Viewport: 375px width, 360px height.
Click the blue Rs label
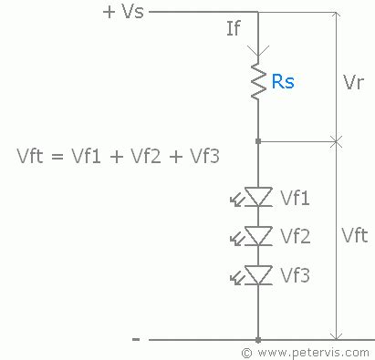click(x=283, y=82)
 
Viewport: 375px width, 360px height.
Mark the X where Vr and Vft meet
click(x=336, y=141)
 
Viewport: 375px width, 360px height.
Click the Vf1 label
click(x=296, y=197)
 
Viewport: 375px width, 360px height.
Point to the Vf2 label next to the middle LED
click(x=296, y=236)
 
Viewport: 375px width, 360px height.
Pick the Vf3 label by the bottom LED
click(x=296, y=274)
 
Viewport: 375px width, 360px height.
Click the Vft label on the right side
click(x=355, y=236)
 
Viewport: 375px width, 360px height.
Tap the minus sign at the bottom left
click(x=136, y=339)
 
